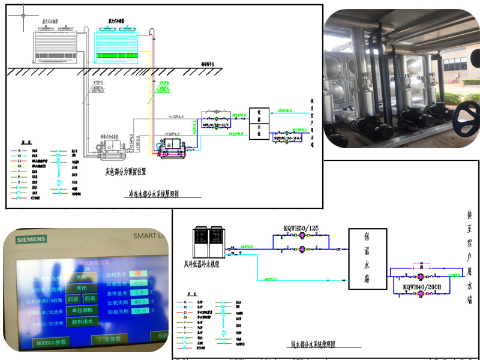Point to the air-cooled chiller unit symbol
[208, 241]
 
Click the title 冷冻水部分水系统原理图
[154, 194]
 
